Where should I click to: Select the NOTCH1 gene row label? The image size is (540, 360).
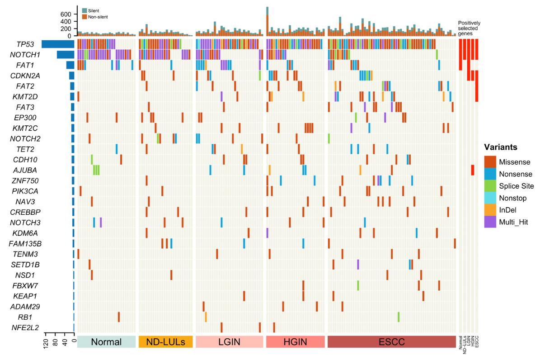coord(23,55)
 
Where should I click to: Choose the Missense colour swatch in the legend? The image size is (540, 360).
coord(490,162)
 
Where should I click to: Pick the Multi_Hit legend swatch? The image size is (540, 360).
coord(490,222)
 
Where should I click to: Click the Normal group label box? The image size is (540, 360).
coord(106,342)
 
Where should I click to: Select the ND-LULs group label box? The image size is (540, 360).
coord(165,342)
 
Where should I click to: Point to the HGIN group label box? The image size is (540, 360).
coord(295,342)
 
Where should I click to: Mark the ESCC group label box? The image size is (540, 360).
coord(391,342)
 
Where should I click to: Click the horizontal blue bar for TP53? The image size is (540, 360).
coord(58,44)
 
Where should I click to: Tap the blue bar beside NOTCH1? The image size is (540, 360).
coord(66,55)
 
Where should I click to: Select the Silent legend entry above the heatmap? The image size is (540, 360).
coord(93,10)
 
